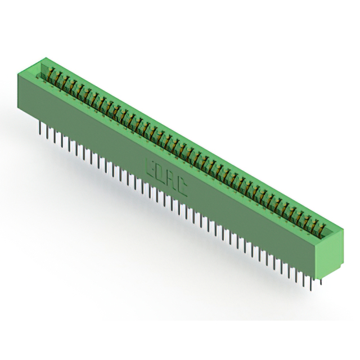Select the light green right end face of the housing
click(328, 253)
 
